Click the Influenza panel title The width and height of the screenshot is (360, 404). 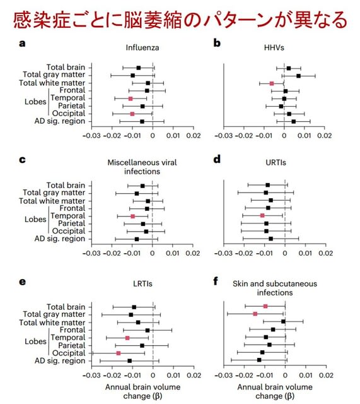(x=142, y=48)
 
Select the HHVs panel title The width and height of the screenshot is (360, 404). (x=274, y=48)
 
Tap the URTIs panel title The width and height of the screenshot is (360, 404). (x=276, y=163)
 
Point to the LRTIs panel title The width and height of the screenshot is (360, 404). (x=142, y=283)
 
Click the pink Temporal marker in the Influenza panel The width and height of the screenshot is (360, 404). (x=131, y=98)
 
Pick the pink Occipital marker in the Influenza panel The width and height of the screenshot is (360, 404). (x=132, y=114)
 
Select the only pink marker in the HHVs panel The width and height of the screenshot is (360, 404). (x=272, y=83)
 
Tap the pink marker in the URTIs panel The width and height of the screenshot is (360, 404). (x=262, y=215)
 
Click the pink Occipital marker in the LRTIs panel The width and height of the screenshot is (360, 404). (x=119, y=353)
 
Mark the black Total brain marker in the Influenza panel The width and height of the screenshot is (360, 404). (x=139, y=68)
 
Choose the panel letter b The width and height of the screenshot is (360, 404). (x=217, y=43)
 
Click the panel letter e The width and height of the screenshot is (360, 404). (x=23, y=282)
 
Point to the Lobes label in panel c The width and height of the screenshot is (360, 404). (x=35, y=219)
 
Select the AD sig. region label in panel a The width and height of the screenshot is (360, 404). (x=60, y=121)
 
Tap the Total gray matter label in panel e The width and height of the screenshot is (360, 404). (x=54, y=314)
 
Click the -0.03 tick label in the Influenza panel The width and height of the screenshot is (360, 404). (x=91, y=136)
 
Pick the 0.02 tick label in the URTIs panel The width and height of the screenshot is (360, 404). (x=326, y=253)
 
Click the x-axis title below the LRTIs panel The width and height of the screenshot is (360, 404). (x=142, y=391)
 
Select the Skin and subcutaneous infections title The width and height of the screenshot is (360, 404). (x=275, y=288)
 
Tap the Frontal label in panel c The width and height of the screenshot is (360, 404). (x=72, y=208)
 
